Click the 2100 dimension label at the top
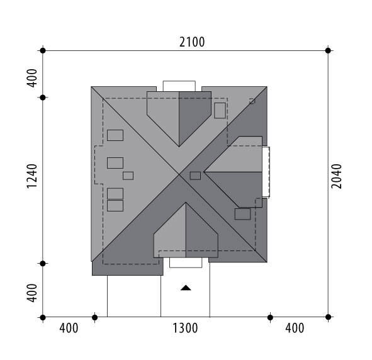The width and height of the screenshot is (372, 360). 192,42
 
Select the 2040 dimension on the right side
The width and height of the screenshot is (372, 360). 336,176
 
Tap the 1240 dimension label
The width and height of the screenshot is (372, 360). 32,176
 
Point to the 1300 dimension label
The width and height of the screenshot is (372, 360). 185,329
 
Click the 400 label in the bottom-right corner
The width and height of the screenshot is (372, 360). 295,329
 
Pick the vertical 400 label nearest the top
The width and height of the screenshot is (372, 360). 32,78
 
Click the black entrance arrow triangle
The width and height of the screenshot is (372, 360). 186,288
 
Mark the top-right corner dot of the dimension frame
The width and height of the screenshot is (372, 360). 328,50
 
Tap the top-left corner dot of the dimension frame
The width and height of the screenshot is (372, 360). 43,50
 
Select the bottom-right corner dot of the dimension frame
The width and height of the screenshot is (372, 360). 328,317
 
